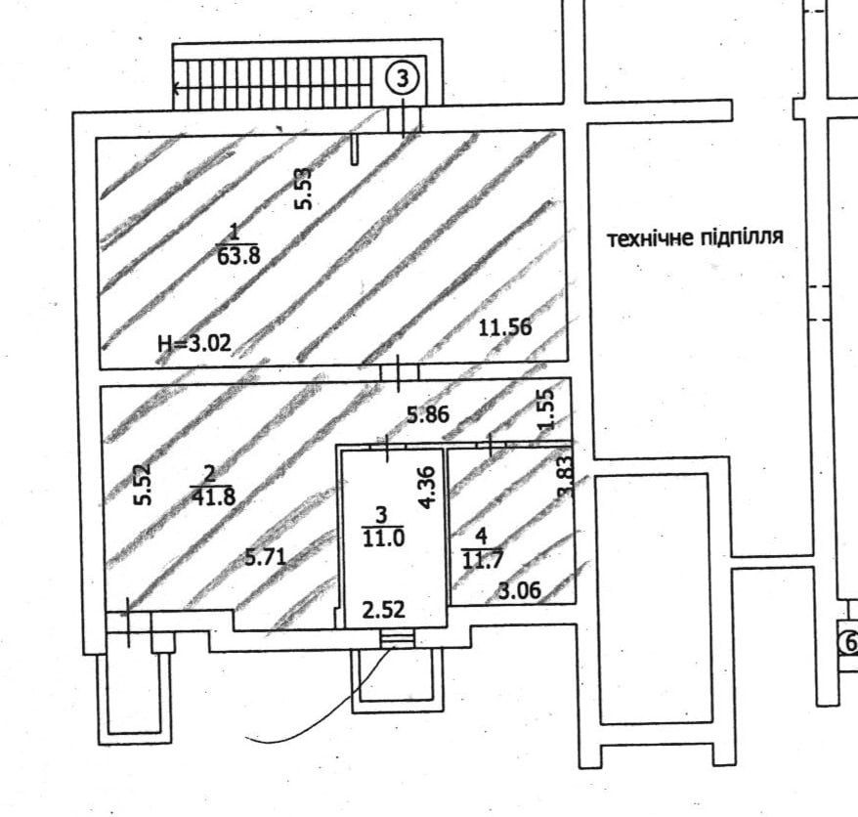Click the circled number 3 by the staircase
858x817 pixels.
click(x=403, y=79)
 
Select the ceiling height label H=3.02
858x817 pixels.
click(x=194, y=344)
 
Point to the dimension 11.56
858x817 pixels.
click(x=505, y=327)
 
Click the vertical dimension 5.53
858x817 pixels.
click(x=304, y=189)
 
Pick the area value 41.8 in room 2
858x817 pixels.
click(x=213, y=496)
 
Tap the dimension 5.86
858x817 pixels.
click(x=428, y=414)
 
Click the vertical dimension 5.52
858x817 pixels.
click(x=143, y=485)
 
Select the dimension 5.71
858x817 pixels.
click(x=266, y=557)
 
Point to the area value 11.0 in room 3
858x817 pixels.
click(x=383, y=537)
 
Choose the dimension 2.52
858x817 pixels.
click(x=384, y=609)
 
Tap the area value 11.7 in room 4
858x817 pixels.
click(x=482, y=560)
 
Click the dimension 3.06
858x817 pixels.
click(x=520, y=590)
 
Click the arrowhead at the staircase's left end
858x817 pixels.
click(x=176, y=88)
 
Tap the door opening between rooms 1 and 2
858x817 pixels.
click(x=399, y=372)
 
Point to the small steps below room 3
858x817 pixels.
click(x=398, y=638)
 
